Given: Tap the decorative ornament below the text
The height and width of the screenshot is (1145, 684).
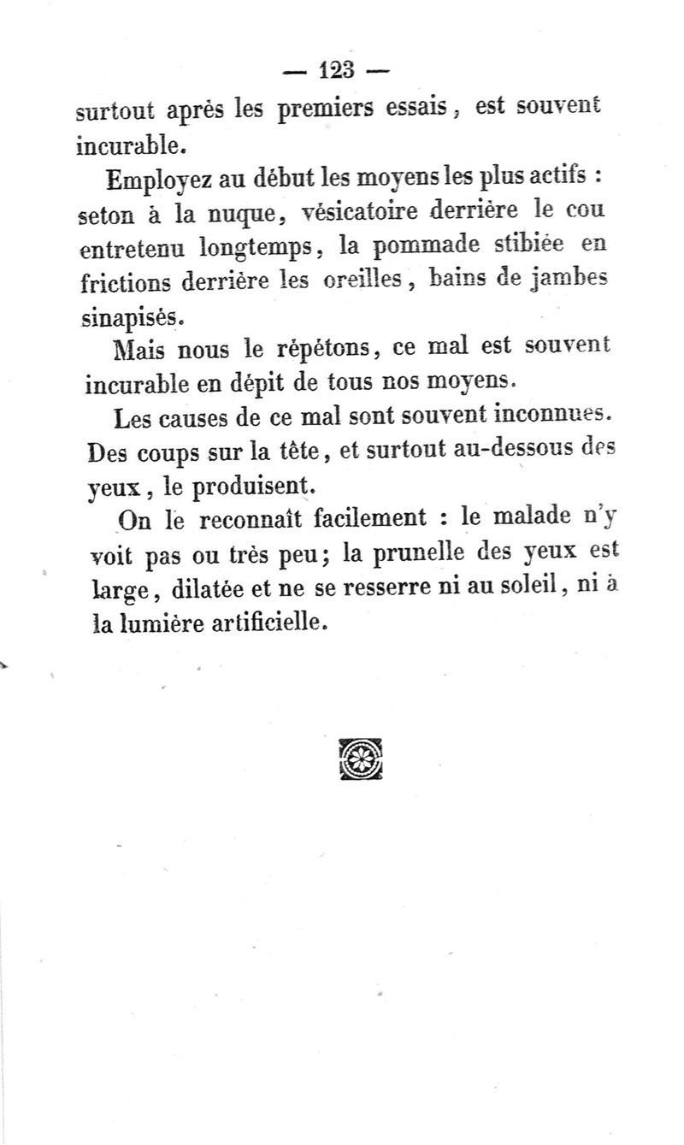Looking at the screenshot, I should (x=360, y=758).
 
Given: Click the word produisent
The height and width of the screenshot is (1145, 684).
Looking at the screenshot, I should (x=243, y=487).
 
